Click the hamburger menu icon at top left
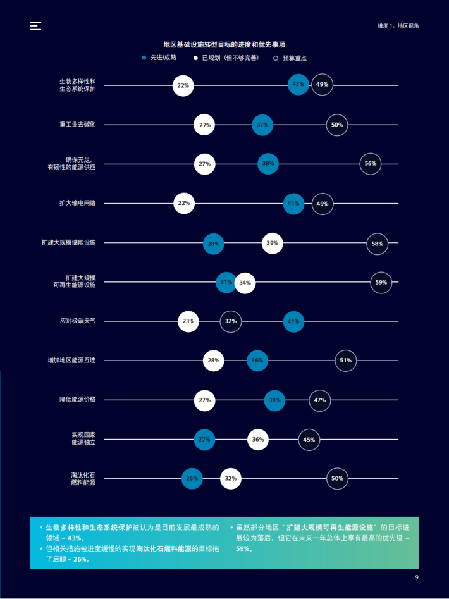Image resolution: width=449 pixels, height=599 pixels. tap(35, 26)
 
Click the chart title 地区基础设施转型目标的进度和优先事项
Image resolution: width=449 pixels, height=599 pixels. tap(224, 44)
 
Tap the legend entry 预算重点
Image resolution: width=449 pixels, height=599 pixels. tap(290, 58)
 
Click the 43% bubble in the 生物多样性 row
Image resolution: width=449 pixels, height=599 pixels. tap(298, 85)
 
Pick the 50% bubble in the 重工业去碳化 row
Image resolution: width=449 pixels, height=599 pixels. tap(337, 125)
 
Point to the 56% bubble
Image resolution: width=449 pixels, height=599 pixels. tap(371, 164)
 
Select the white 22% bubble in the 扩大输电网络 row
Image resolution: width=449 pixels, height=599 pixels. tap(183, 204)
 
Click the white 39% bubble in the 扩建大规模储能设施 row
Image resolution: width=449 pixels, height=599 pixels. tap(272, 243)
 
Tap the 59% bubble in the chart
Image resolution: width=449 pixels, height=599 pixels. tap(381, 283)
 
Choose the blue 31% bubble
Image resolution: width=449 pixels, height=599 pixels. tap(226, 282)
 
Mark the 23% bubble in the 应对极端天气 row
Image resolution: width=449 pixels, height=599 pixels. tap(188, 321)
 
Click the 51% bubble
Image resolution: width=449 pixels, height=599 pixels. tap(345, 361)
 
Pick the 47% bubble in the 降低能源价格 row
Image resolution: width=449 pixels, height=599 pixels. tap(319, 400)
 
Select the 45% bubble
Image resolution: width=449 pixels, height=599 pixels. tap(309, 440)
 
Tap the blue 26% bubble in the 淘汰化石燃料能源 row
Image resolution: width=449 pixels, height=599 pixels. tap(192, 479)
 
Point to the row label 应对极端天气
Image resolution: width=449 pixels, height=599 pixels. tap(78, 321)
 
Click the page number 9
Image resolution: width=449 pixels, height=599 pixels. tap(417, 577)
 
